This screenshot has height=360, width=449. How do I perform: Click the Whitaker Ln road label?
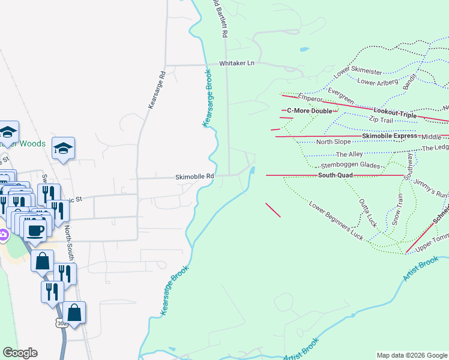pyautogui.click(x=237, y=63)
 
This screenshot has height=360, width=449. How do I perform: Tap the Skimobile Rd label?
pyautogui.click(x=194, y=176)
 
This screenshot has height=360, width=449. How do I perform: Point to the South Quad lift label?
pyautogui.click(x=336, y=175)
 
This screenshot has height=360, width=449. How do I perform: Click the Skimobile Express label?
pyautogui.click(x=389, y=136)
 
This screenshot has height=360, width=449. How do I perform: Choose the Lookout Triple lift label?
pyautogui.click(x=394, y=112)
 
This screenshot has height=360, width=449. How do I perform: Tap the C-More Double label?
pyautogui.click(x=309, y=111)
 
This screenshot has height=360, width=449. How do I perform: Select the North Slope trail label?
pyautogui.click(x=333, y=142)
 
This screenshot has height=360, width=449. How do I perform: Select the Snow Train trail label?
pyautogui.click(x=398, y=209)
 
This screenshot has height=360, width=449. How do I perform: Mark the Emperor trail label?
pyautogui.click(x=310, y=98)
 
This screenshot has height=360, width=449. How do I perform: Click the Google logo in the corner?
pyautogui.click(x=20, y=353)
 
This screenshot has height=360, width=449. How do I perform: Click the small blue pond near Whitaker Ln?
pyautogui.click(x=304, y=49)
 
